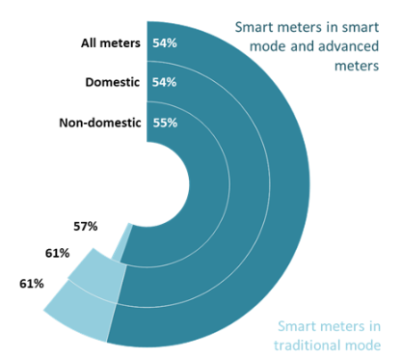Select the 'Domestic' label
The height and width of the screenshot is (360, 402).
[x=112, y=83]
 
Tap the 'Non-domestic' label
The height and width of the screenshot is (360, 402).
[x=101, y=123]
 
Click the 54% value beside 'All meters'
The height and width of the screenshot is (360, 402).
[x=164, y=43]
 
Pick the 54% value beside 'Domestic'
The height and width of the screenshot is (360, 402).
[x=164, y=83]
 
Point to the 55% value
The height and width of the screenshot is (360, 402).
[x=164, y=123]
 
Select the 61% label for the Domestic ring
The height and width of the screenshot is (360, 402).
[x=56, y=253]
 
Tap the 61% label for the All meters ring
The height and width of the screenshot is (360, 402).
[x=32, y=284]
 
